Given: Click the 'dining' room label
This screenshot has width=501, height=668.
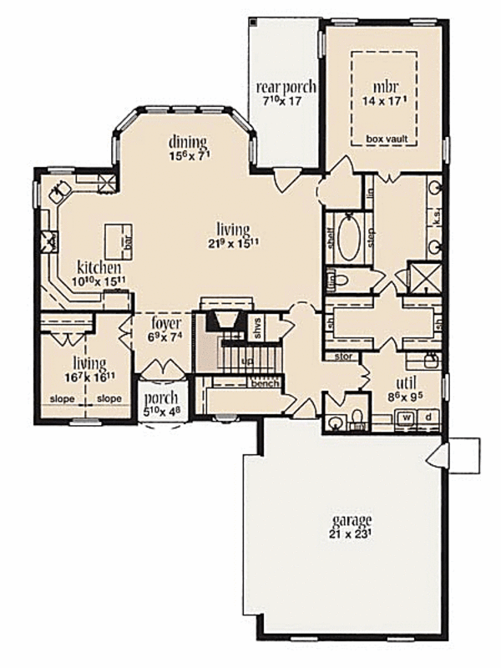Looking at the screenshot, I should pyautogui.click(x=187, y=141).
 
